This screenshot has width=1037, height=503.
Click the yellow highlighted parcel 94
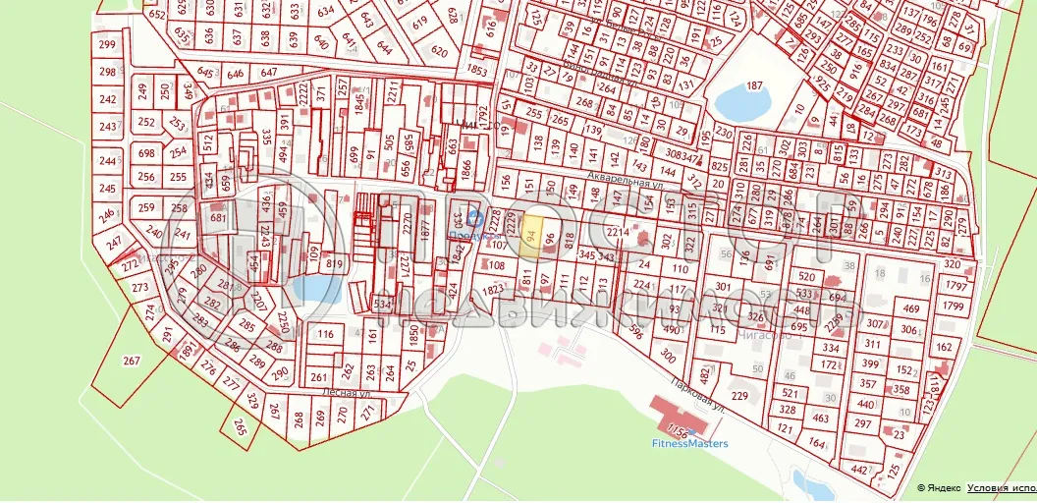(x=530, y=237)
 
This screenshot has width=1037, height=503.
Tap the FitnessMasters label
(x=690, y=443)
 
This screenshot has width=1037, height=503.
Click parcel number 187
(x=754, y=86)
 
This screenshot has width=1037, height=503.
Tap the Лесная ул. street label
(x=347, y=391)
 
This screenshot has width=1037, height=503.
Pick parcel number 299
(x=108, y=45)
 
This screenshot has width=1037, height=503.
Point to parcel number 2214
(x=617, y=232)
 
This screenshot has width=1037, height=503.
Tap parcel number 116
(x=326, y=335)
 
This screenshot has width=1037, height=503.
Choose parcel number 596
(x=637, y=332)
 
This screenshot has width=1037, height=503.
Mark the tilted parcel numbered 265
(x=241, y=425)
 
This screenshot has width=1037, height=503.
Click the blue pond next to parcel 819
(x=312, y=288)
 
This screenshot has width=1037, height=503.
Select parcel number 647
(x=269, y=73)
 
